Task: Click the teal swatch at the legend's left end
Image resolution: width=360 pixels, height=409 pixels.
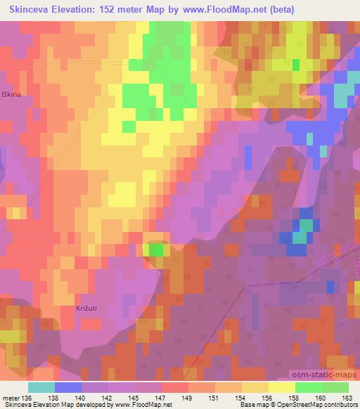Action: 41,387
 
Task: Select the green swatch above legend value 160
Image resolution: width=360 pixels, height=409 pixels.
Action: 309,387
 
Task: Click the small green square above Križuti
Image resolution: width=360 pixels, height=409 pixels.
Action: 155,249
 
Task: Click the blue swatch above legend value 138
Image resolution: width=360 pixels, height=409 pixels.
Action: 67,387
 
